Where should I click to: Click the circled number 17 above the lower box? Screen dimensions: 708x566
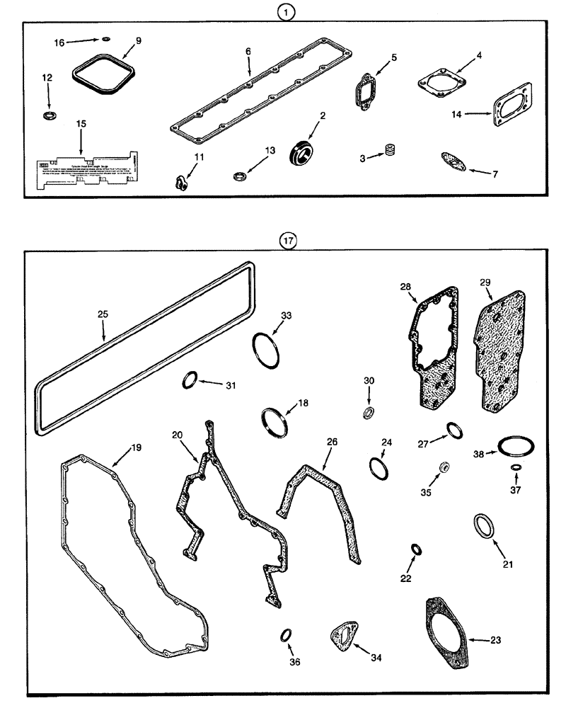287,240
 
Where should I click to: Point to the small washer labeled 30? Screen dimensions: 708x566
369,413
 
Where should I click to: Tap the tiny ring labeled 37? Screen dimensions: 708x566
515,468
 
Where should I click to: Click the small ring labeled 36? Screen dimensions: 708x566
287,634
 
